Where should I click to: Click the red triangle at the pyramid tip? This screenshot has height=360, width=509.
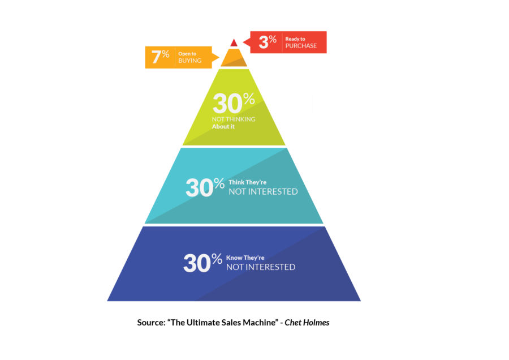(x=234, y=43)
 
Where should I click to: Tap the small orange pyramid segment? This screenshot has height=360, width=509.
(x=234, y=58)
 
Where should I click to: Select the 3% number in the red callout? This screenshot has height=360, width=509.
(x=268, y=42)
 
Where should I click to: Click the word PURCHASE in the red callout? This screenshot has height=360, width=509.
(x=301, y=46)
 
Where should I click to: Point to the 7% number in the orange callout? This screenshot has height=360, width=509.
(x=161, y=57)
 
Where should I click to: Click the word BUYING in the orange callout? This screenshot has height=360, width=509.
(x=189, y=61)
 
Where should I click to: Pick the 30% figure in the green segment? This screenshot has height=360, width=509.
(x=234, y=104)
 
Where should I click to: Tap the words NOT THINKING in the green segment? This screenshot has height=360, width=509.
(x=234, y=119)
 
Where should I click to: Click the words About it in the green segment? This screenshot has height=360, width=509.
(x=223, y=127)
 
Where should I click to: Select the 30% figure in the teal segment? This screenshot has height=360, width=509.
(x=205, y=187)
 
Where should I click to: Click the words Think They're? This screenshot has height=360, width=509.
(x=247, y=182)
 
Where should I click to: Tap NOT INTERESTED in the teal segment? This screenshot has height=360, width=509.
(x=263, y=192)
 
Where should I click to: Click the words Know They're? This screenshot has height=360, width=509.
(x=245, y=258)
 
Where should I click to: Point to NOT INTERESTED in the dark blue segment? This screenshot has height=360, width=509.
(x=261, y=267)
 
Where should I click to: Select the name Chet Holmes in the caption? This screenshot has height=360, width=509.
(x=307, y=323)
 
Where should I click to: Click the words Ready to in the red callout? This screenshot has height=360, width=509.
(x=295, y=39)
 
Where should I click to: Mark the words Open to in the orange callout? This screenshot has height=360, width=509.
(x=187, y=54)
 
